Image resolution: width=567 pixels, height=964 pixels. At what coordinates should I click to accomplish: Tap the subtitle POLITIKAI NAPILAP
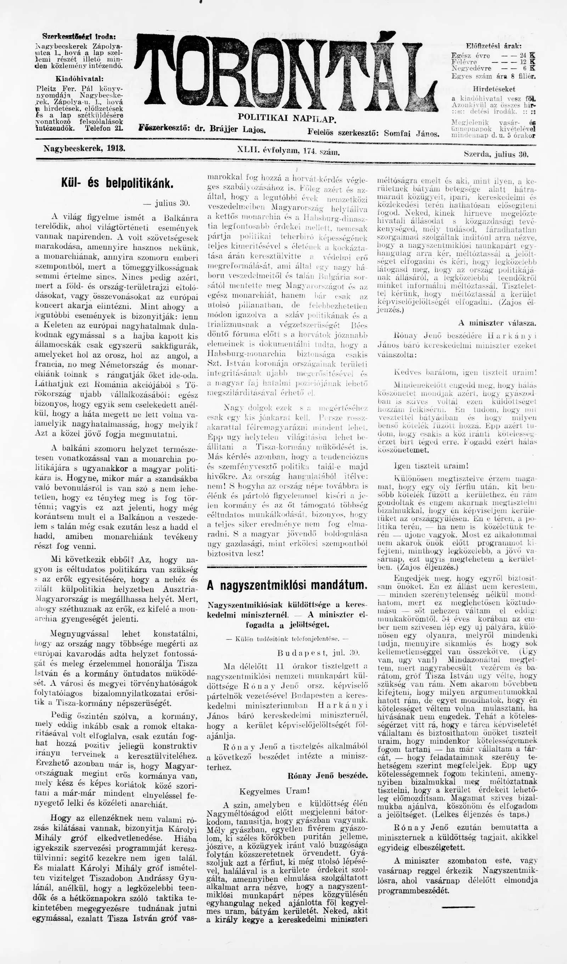click(287, 118)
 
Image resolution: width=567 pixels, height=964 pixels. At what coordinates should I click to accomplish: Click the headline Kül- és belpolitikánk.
click(117, 183)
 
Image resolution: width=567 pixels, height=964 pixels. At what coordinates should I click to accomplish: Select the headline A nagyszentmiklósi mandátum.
click(287, 585)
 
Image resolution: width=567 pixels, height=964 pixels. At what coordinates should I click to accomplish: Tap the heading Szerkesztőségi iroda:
click(79, 37)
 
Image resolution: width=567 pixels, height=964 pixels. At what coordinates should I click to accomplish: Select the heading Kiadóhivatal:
click(79, 79)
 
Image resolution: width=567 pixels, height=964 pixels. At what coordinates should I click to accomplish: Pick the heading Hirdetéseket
click(494, 89)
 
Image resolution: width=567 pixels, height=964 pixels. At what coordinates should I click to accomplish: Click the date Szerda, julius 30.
click(496, 155)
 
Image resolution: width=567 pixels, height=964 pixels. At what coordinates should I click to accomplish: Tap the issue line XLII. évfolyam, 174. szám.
click(288, 151)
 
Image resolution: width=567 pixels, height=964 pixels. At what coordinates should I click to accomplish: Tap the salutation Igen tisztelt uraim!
click(431, 466)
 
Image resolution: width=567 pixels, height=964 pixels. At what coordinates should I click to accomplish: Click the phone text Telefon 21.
click(104, 128)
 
